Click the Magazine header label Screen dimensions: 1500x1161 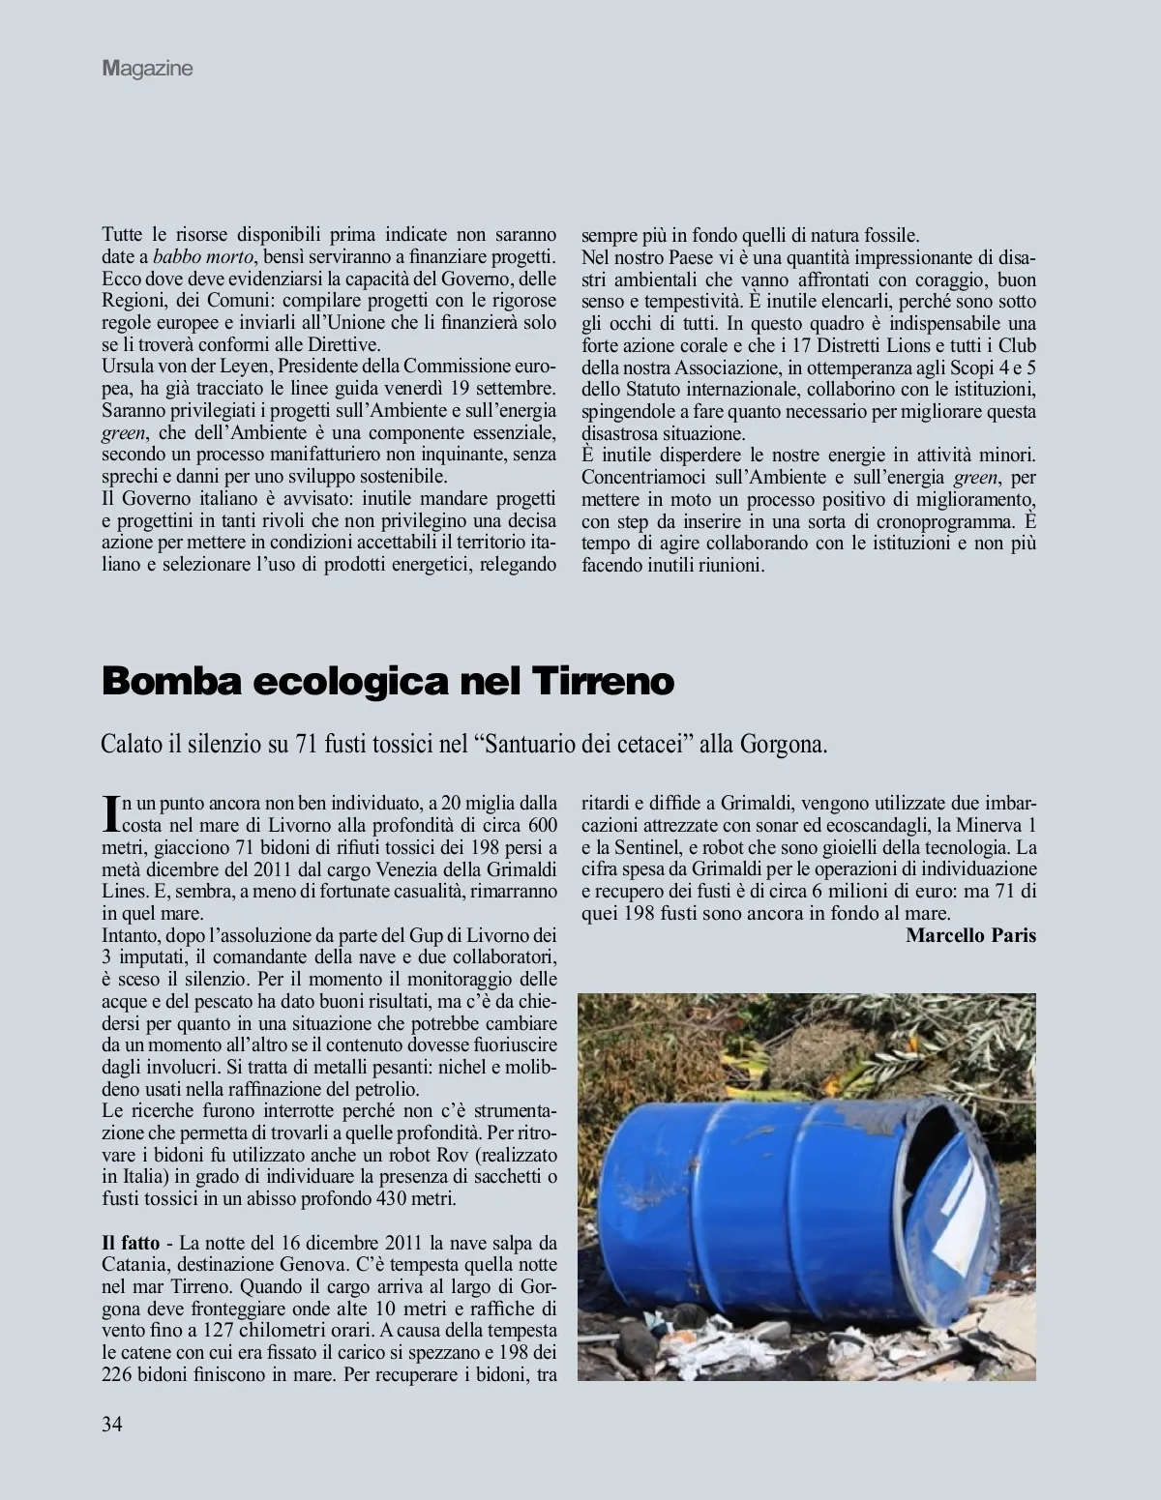coord(148,69)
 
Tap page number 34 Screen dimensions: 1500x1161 coord(112,1424)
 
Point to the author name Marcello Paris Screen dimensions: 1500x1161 coord(970,935)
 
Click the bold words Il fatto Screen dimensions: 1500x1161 coord(128,1243)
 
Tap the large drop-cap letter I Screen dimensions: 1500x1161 coord(109,813)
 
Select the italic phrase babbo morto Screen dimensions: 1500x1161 coord(203,257)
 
